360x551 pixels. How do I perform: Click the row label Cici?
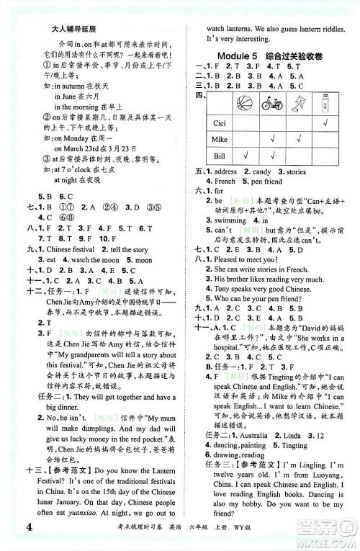(216, 122)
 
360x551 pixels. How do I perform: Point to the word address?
(228, 173)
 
